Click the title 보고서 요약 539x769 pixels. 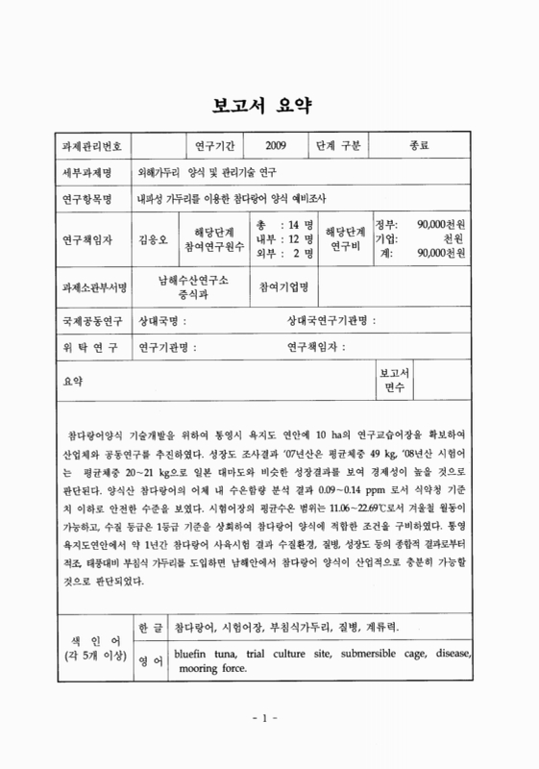pos(269,103)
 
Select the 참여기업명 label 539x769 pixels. pos(290,286)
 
